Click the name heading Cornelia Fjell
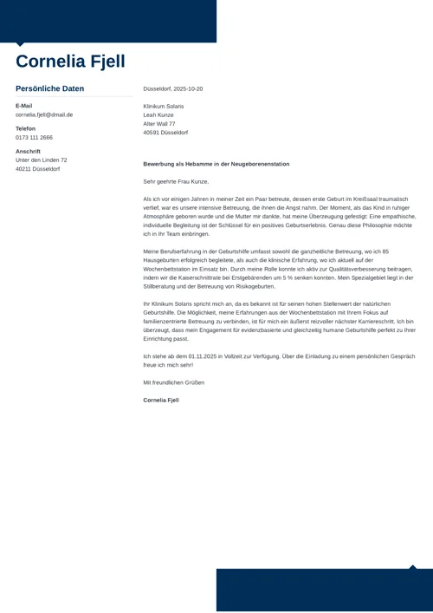click(70, 62)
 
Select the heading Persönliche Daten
click(50, 88)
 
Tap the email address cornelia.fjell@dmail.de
click(44, 114)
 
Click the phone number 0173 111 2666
click(34, 137)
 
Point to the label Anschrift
click(28, 151)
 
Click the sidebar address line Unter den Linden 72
click(41, 160)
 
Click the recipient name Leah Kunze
click(158, 114)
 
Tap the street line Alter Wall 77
click(159, 123)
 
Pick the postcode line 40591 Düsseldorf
click(165, 133)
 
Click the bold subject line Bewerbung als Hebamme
click(216, 164)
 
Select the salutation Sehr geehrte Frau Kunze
click(176, 181)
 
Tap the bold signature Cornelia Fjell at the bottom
click(161, 400)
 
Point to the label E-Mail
click(23, 106)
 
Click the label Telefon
click(25, 128)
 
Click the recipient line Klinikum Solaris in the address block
click(164, 106)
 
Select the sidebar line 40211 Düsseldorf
click(37, 169)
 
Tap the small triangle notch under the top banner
click(21, 44)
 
